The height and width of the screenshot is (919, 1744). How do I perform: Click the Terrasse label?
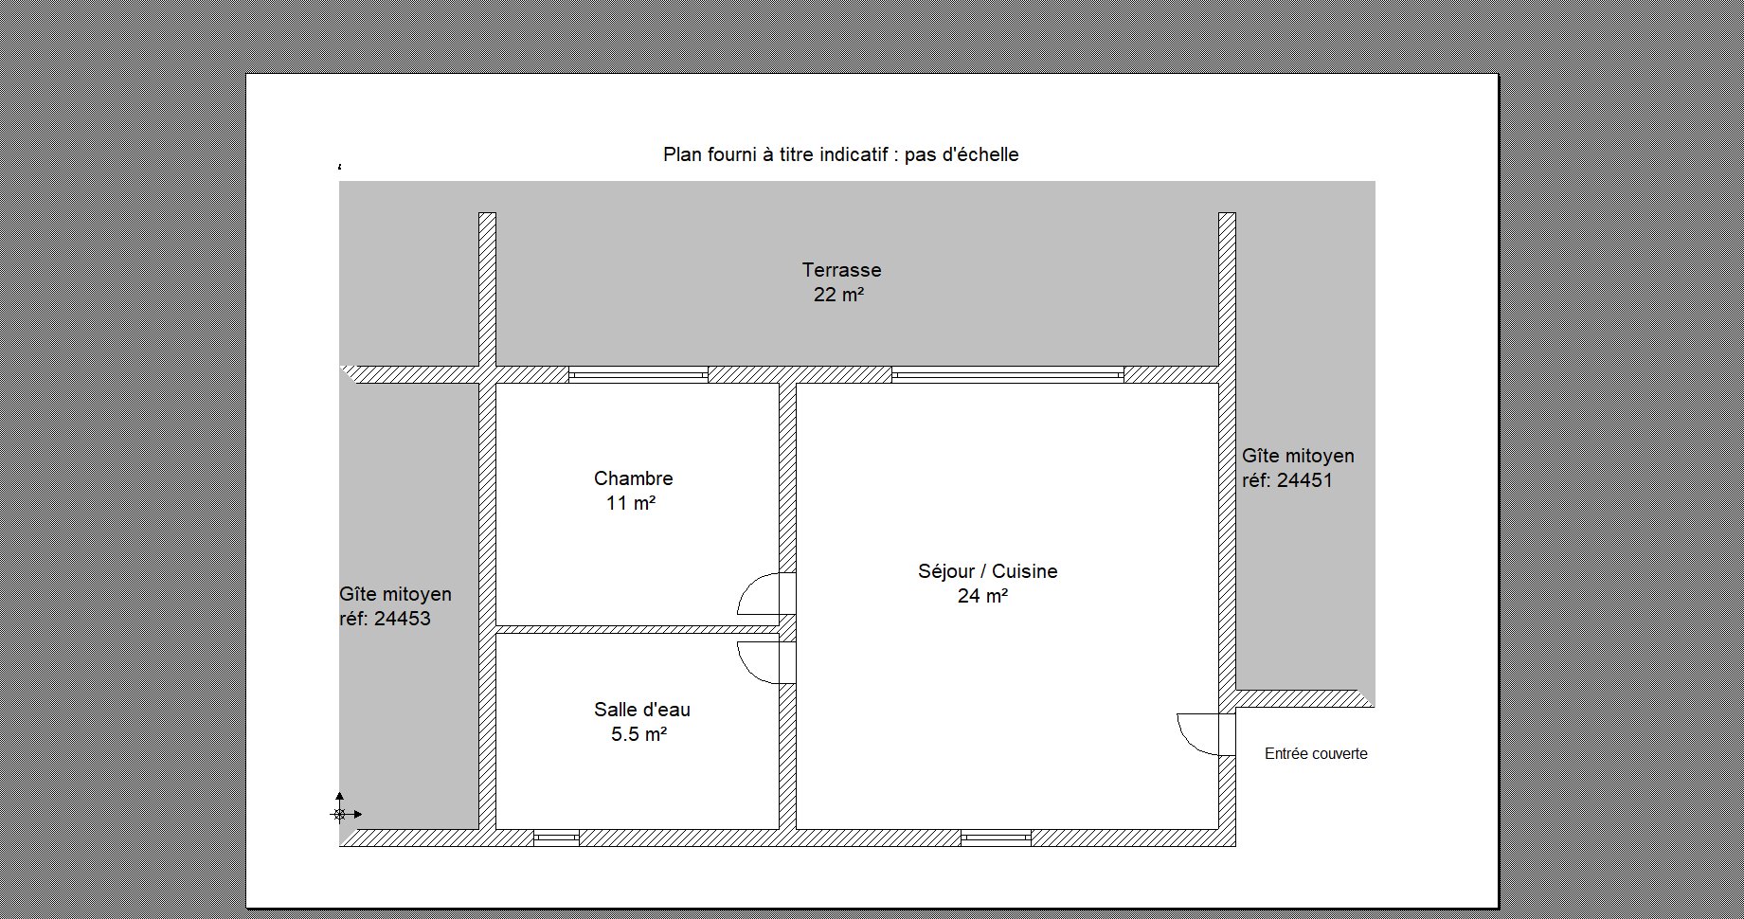(841, 270)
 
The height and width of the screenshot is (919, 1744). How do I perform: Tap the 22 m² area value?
(838, 295)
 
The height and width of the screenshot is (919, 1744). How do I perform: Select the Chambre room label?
(634, 478)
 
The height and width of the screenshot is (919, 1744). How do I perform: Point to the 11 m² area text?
(631, 503)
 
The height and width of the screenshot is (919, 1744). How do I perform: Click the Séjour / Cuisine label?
(988, 571)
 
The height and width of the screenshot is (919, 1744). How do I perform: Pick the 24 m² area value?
(982, 596)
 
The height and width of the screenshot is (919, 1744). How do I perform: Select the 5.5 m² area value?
(639, 733)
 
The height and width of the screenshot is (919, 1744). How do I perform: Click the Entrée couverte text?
(1316, 754)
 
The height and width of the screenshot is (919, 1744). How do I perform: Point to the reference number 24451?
(1304, 480)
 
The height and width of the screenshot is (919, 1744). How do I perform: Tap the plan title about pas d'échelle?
(841, 154)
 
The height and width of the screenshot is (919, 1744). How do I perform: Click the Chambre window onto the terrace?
(638, 375)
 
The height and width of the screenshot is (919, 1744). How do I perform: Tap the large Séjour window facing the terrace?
(1008, 375)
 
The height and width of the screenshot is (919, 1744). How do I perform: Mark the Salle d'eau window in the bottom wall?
(556, 838)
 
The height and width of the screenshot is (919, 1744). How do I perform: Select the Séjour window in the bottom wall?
(996, 838)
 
